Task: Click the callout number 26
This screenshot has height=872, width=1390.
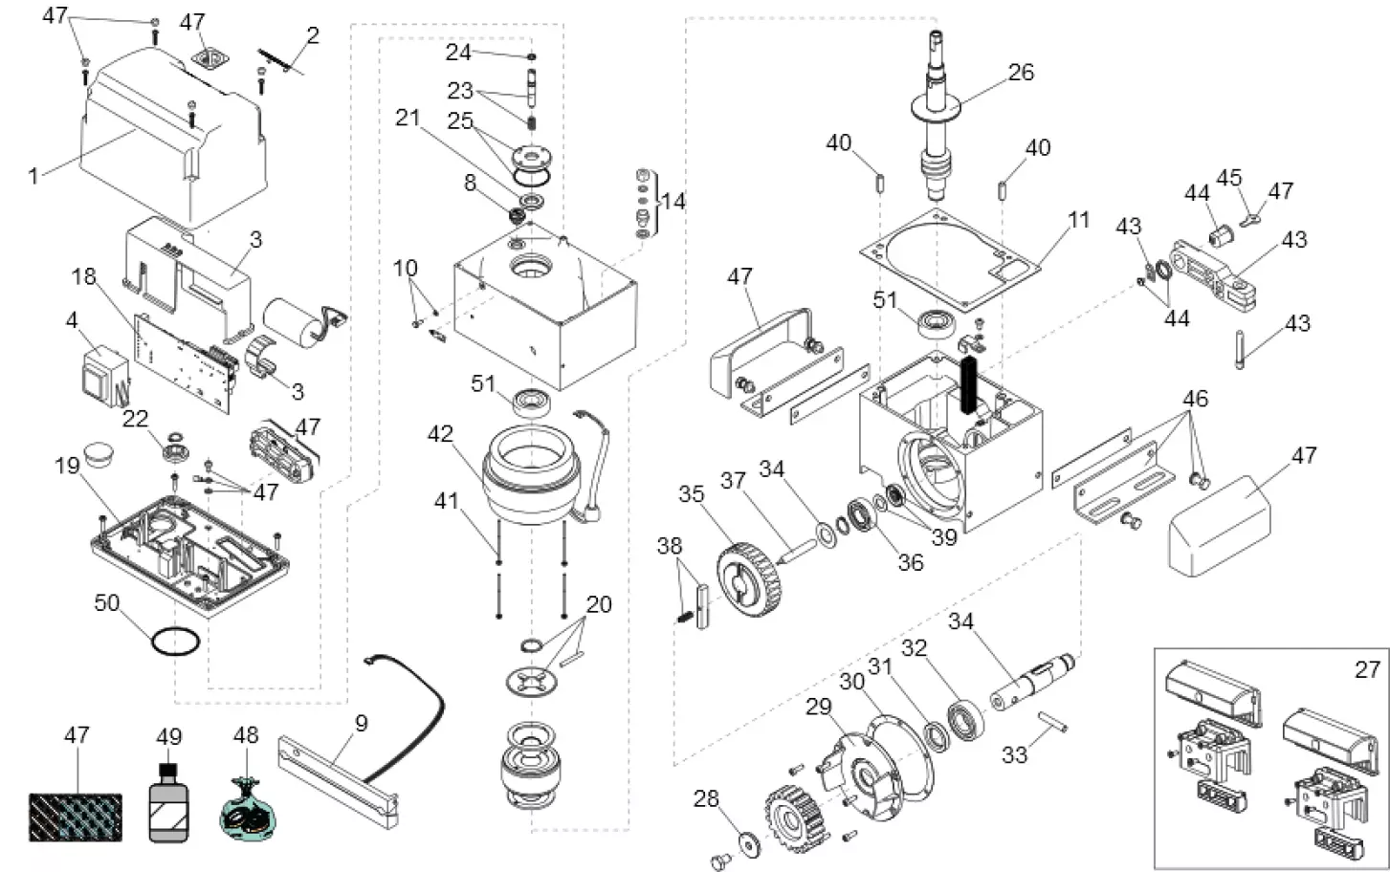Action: pos(1022,73)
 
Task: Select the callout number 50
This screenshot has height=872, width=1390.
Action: pos(107,602)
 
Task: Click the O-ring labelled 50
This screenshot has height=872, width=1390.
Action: pos(176,643)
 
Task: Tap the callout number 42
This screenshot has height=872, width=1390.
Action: pos(440,434)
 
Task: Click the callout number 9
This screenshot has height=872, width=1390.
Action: pos(361,724)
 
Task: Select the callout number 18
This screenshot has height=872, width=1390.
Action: pos(84,276)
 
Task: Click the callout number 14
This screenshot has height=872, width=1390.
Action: pos(673,202)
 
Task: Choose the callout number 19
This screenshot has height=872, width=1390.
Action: pos(67,466)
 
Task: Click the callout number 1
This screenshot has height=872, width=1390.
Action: pos(33,175)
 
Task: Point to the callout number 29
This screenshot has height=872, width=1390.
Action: pos(819,708)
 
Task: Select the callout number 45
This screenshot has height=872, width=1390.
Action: pos(1228,178)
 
